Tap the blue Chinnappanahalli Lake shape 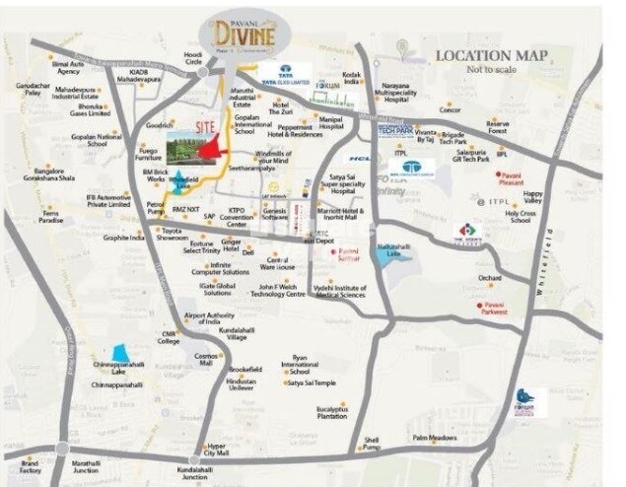tap(120, 353)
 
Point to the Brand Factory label tap(30, 467)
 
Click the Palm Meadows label tap(435, 437)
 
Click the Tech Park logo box tap(393, 130)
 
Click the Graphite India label tap(124, 237)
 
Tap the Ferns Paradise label tap(51, 216)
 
